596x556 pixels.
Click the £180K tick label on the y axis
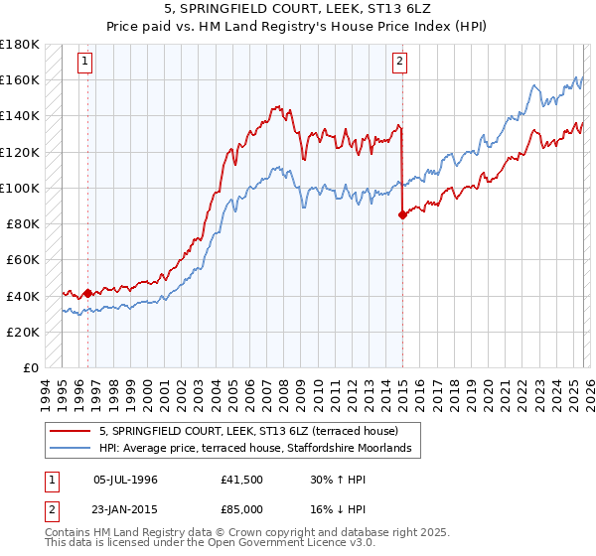point(20,44)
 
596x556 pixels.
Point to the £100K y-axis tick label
point(20,188)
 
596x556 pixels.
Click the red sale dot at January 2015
point(402,214)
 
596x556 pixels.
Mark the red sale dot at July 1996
point(87,293)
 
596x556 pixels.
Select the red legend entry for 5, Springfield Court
point(248,431)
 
